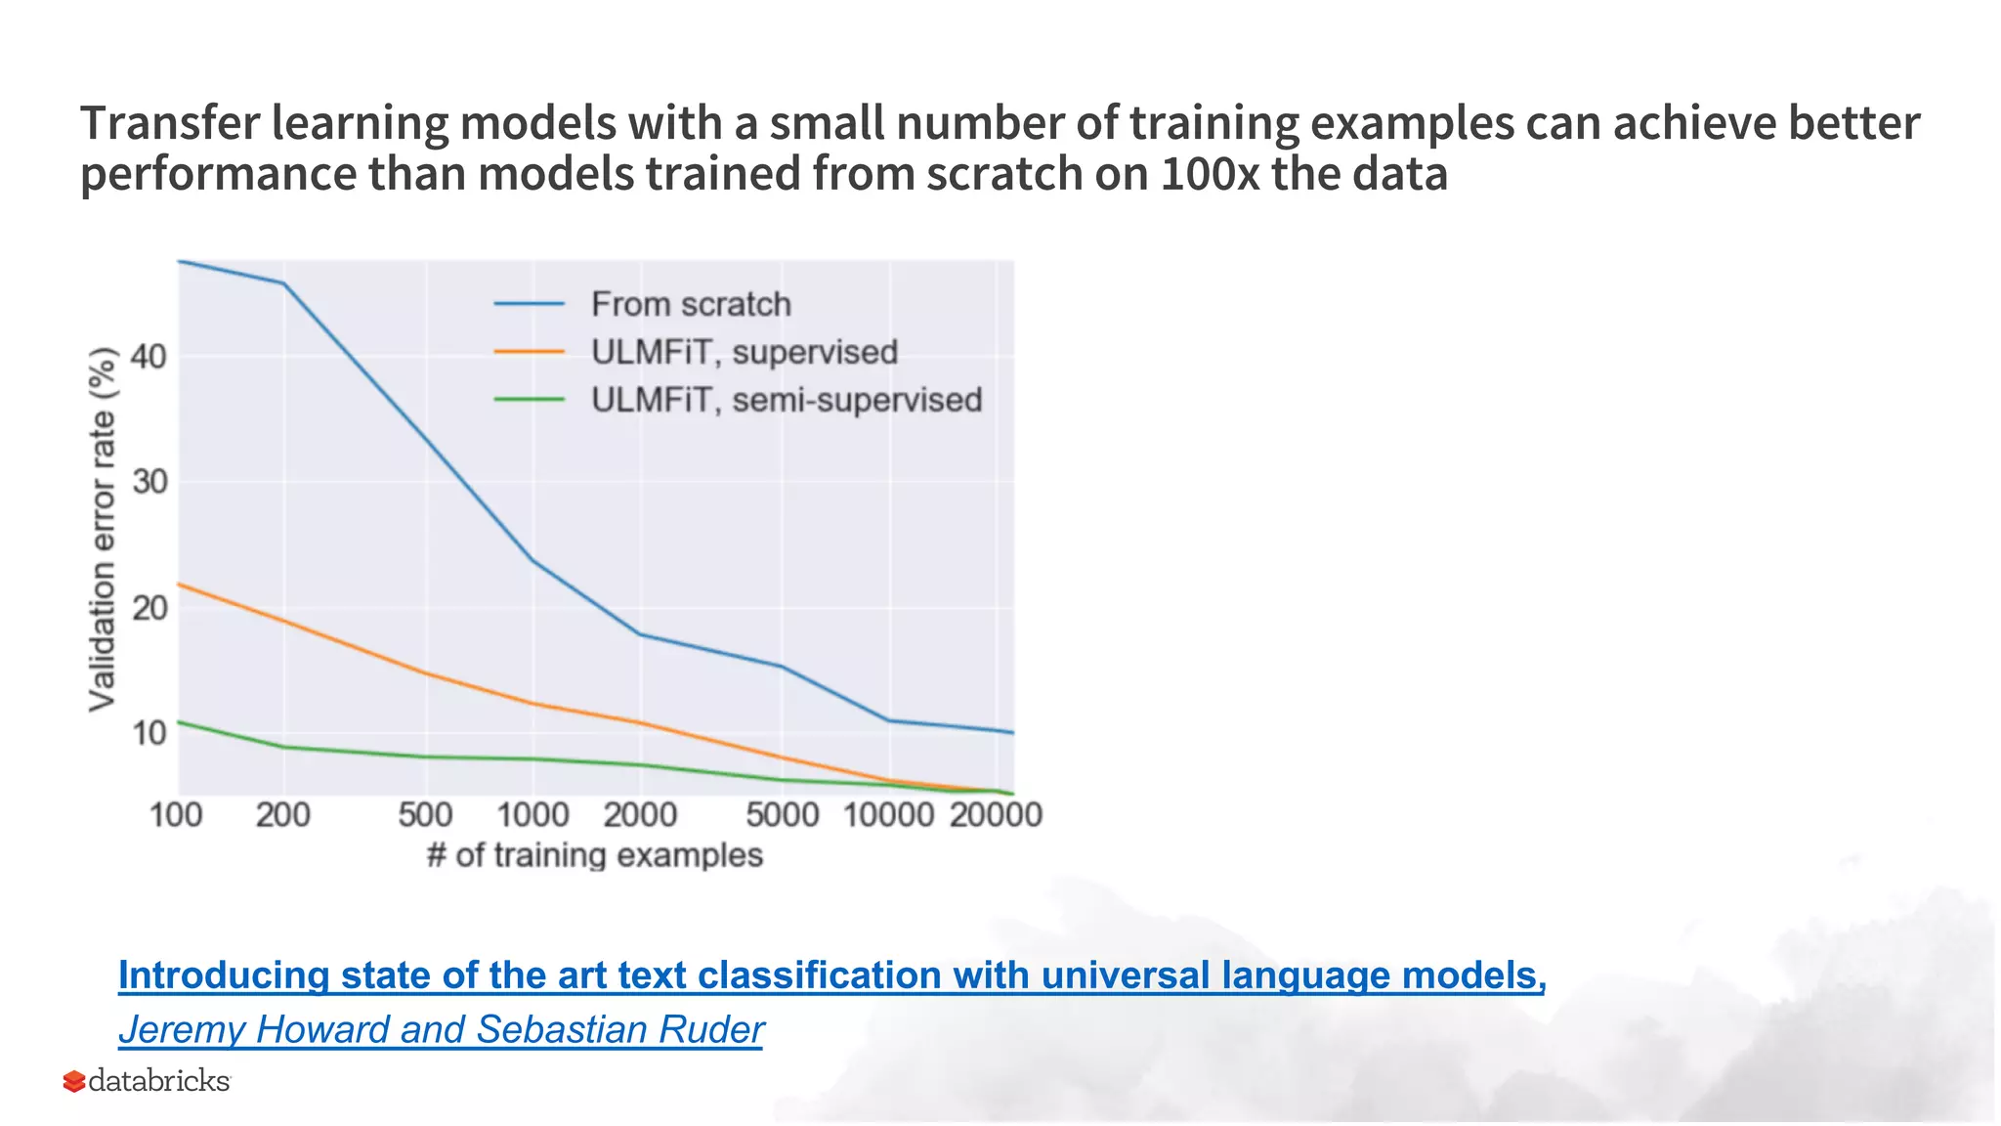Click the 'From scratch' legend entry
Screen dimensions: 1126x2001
tap(690, 304)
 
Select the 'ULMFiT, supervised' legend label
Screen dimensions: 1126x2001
tap(744, 352)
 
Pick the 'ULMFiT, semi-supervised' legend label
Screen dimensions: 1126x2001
tap(786, 400)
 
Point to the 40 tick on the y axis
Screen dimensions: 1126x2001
tap(149, 357)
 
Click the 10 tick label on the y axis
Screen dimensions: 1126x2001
tap(149, 733)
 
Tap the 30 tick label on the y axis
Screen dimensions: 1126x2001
tap(149, 482)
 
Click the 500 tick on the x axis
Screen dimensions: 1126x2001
tap(425, 814)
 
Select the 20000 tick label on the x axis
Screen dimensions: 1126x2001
tap(996, 814)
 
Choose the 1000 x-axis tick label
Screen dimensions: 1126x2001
tap(532, 814)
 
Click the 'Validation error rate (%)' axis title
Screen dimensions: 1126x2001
tap(103, 529)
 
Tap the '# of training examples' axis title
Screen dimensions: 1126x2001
tap(594, 855)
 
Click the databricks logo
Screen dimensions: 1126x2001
tap(148, 1081)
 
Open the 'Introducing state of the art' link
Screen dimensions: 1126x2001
tap(831, 975)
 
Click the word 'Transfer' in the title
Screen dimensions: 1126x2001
tap(169, 123)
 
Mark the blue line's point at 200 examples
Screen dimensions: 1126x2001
tap(283, 283)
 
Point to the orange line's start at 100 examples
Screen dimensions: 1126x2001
tap(179, 585)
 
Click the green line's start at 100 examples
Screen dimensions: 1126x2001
tap(179, 722)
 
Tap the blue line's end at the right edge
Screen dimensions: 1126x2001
tap(1012, 732)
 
